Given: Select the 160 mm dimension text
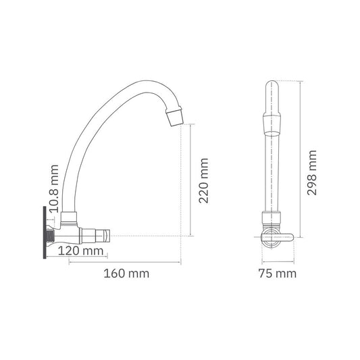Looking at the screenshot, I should [127, 274].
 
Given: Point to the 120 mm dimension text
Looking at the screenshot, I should [81, 251].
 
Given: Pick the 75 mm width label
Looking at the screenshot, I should [278, 274].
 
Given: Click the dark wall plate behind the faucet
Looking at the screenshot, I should [46, 233].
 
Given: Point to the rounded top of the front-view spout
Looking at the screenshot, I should [272, 87].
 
